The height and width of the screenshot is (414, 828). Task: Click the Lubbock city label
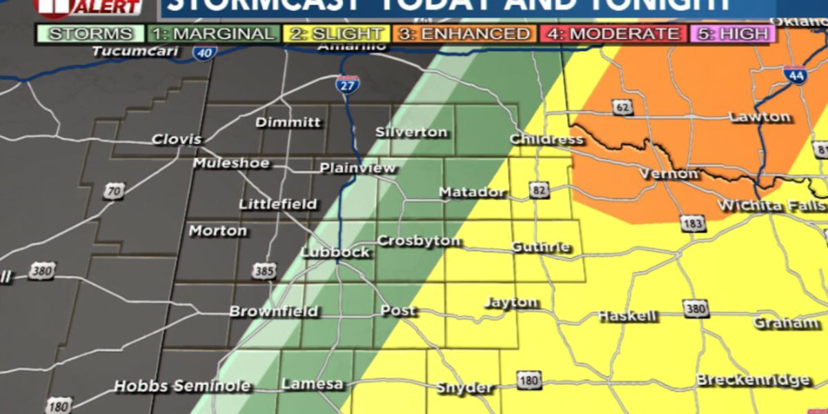tap(336, 252)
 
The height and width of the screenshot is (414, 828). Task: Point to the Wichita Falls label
tap(771, 206)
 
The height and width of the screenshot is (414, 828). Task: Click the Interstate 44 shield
tap(793, 75)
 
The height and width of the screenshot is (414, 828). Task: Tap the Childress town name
tap(546, 139)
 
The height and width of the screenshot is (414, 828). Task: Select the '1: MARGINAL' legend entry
tap(213, 33)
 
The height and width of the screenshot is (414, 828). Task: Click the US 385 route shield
tap(263, 272)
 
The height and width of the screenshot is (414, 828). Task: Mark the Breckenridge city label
tap(752, 380)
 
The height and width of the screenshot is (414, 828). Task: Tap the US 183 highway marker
tap(691, 223)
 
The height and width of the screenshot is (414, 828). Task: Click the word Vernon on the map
tap(669, 173)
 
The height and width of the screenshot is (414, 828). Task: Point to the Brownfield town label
tap(274, 311)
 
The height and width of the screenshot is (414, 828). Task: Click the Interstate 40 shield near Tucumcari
tap(205, 52)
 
